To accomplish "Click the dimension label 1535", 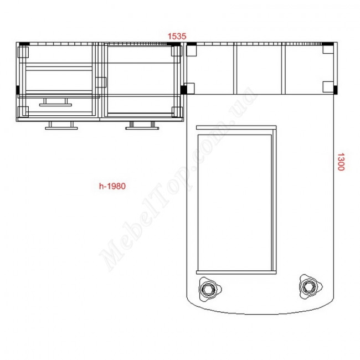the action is click(x=177, y=36).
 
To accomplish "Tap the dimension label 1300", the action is click(x=341, y=162).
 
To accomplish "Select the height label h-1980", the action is click(x=112, y=186).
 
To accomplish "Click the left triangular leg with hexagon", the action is click(x=209, y=289).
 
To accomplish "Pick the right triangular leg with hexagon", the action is click(x=310, y=287).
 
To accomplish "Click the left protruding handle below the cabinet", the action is click(x=61, y=126).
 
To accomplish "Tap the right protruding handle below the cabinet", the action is click(x=142, y=126).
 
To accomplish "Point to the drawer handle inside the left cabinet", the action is click(x=55, y=102).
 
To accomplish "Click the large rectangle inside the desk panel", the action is click(x=235, y=203).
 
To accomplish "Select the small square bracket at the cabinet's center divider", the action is click(x=101, y=82).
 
